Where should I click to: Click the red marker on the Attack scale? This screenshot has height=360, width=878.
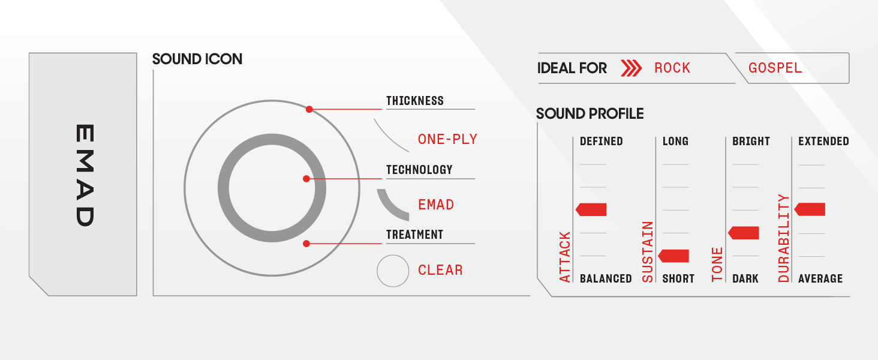[x=591, y=209]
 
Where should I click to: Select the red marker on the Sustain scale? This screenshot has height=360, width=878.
[x=673, y=256]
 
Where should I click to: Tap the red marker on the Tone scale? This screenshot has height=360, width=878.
[x=744, y=233]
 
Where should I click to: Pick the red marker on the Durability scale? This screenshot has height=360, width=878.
[x=810, y=209]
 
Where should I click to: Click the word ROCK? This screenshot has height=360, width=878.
[x=672, y=68]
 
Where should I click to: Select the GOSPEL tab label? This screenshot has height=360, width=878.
[x=775, y=68]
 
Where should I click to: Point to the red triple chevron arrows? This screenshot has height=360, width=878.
[x=631, y=68]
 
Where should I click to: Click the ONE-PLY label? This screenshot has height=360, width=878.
[x=447, y=139]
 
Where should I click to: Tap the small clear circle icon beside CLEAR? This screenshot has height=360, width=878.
[x=393, y=271]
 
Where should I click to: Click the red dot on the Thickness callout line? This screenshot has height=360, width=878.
[x=309, y=109]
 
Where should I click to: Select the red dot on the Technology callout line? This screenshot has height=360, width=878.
[x=306, y=179]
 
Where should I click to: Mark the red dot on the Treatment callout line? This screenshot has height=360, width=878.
[x=306, y=244]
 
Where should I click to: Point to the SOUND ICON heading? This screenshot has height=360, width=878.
[x=197, y=59]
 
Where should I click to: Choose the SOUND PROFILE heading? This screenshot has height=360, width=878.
[x=590, y=114]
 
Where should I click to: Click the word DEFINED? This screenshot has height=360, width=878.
[x=601, y=142]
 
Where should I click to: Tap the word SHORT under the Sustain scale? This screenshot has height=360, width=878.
[x=678, y=279]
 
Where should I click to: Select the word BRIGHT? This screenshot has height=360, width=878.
[x=751, y=142]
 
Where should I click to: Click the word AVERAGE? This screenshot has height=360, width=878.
[x=820, y=279]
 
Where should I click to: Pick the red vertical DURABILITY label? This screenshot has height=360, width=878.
[x=784, y=238]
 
